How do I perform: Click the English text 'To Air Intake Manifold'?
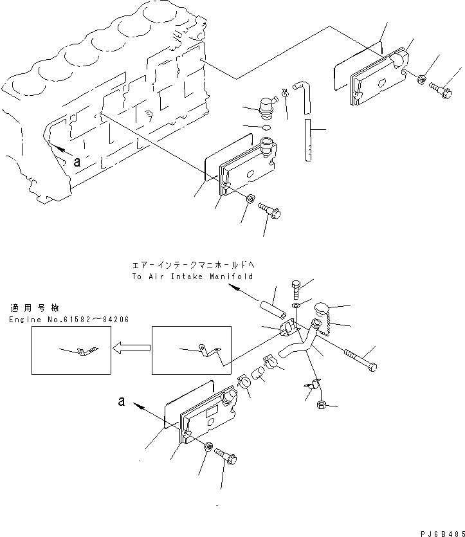[x=192, y=277]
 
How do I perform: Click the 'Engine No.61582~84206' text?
[x=69, y=320]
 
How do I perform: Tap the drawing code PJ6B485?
[x=442, y=534]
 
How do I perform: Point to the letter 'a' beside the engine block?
[x=77, y=161]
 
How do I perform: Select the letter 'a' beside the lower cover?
[x=121, y=401]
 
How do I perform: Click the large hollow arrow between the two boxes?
[x=131, y=349]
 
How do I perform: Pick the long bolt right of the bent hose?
[x=360, y=360]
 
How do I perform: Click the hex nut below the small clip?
[x=322, y=405]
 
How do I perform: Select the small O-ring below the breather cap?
[x=267, y=128]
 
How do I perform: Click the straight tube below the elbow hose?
[x=308, y=140]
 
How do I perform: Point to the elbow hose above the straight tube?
[x=303, y=97]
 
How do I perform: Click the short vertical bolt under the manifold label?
[x=296, y=290]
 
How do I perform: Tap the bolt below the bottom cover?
[x=226, y=456]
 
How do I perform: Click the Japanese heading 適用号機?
[x=35, y=308]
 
